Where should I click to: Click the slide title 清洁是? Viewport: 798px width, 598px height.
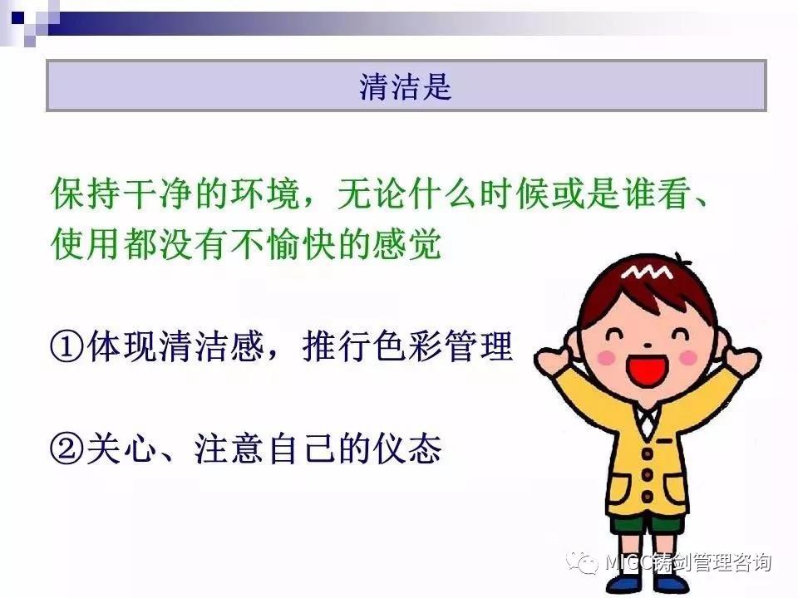click(405, 86)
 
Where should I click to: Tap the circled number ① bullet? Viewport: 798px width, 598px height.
click(67, 347)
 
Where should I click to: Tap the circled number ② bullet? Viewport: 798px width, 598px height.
click(67, 448)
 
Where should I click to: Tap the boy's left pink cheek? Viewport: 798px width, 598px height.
click(606, 357)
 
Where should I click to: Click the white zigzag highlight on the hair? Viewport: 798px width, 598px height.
click(647, 272)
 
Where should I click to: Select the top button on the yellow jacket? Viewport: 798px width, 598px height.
click(647, 452)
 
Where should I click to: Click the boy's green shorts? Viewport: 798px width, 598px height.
click(648, 525)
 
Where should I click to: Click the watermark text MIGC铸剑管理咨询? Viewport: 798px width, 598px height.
click(688, 562)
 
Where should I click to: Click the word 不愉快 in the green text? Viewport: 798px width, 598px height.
click(282, 244)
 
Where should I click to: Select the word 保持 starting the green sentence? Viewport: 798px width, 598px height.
click(86, 194)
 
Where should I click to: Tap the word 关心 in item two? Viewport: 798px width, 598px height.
click(121, 448)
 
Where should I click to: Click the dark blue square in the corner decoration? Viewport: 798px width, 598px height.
click(18, 18)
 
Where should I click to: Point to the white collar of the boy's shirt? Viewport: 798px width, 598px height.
click(648, 421)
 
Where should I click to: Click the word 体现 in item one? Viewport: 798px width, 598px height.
click(121, 346)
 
